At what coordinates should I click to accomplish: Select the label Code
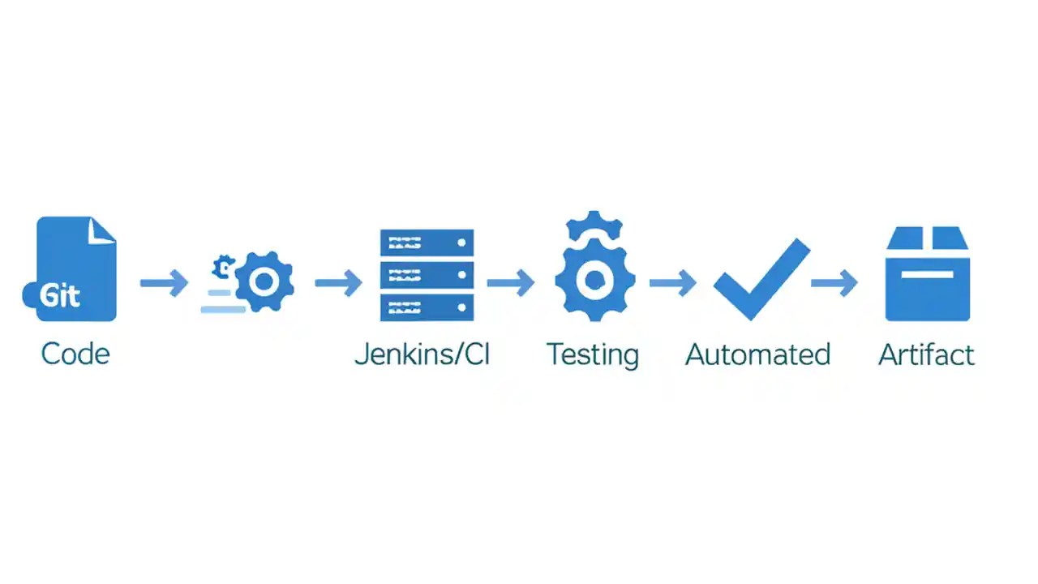click(x=75, y=354)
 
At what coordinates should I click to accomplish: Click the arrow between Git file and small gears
click(x=164, y=283)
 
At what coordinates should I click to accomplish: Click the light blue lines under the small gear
click(x=221, y=301)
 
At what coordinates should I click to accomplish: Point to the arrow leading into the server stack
click(x=338, y=283)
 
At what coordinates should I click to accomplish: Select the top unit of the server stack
click(x=427, y=243)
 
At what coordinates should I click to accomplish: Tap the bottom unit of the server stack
click(x=427, y=307)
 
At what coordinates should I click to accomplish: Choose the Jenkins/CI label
click(x=422, y=354)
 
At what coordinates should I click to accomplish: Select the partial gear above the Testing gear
click(x=594, y=225)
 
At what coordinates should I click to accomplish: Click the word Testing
click(x=593, y=354)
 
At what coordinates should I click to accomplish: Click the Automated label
click(x=757, y=354)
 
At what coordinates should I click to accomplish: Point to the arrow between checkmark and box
click(x=834, y=283)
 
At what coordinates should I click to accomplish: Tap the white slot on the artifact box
click(x=927, y=273)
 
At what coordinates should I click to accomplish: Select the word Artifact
click(x=926, y=354)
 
